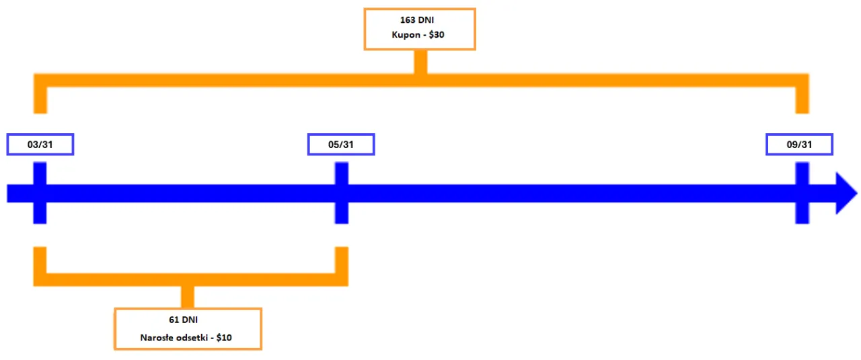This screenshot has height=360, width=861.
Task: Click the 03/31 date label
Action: [40, 145]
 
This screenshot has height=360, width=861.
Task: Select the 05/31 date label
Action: [341, 145]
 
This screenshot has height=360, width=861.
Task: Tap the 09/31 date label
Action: [800, 145]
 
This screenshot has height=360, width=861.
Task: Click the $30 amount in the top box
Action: [438, 35]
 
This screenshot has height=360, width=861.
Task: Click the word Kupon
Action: [405, 35]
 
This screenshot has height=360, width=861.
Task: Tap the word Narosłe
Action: [157, 337]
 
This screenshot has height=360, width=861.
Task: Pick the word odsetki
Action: [192, 337]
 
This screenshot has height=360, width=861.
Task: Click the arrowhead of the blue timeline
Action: [846, 193]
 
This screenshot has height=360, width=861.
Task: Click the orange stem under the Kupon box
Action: [420, 61]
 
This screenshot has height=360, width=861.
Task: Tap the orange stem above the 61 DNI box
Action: [188, 297]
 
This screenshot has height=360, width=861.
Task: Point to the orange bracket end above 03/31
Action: [40, 101]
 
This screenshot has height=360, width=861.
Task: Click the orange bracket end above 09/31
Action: [802, 101]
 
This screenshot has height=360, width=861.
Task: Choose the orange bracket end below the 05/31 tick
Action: [342, 259]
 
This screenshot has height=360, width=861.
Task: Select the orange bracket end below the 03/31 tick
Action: [40, 259]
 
